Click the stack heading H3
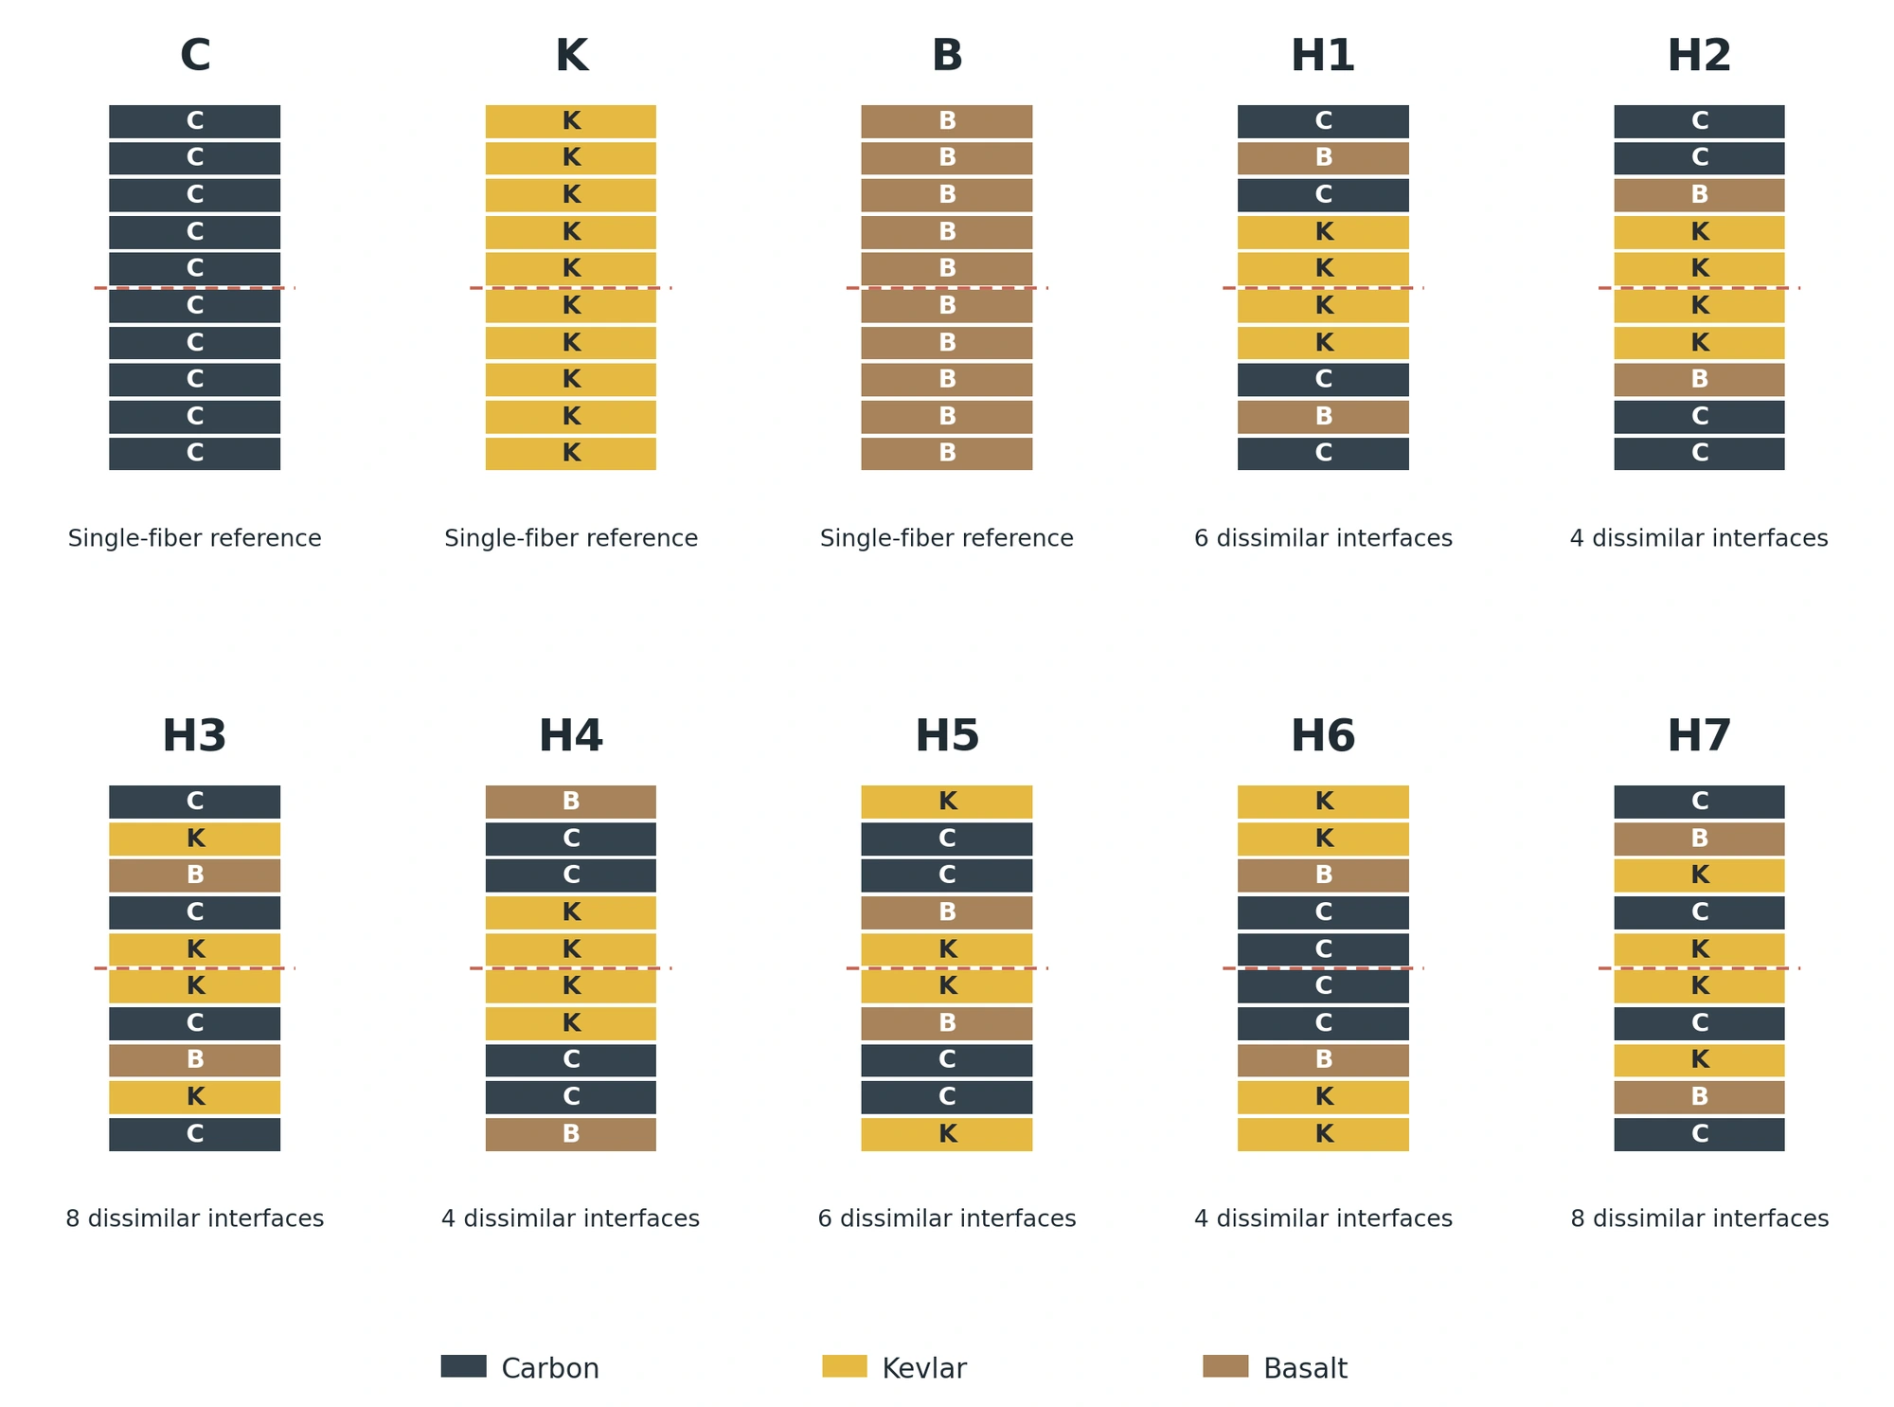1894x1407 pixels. [x=194, y=736]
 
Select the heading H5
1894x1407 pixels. [x=947, y=736]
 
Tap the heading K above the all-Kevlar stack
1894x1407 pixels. [x=571, y=56]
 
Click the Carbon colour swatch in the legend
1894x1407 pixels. [x=463, y=1366]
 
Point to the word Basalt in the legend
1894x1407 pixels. [x=1305, y=1368]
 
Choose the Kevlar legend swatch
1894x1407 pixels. [x=845, y=1366]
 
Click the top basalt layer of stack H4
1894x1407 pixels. [x=571, y=802]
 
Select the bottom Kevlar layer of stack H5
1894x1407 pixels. [x=947, y=1134]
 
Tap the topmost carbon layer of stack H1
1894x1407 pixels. [x=1323, y=121]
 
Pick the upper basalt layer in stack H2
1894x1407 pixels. [x=1699, y=195]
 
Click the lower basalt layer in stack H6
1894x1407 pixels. [x=1323, y=1060]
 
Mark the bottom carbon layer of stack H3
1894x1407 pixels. [x=194, y=1134]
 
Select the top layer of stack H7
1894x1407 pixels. [x=1699, y=802]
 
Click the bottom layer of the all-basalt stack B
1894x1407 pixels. [x=947, y=454]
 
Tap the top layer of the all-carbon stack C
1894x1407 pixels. [x=194, y=121]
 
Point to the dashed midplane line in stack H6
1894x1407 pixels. [x=1323, y=968]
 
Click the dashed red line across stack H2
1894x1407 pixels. [x=1699, y=288]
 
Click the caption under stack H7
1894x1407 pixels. [x=1699, y=1218]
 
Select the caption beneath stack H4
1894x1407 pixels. [x=571, y=1218]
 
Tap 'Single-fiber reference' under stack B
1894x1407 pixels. [x=947, y=538]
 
